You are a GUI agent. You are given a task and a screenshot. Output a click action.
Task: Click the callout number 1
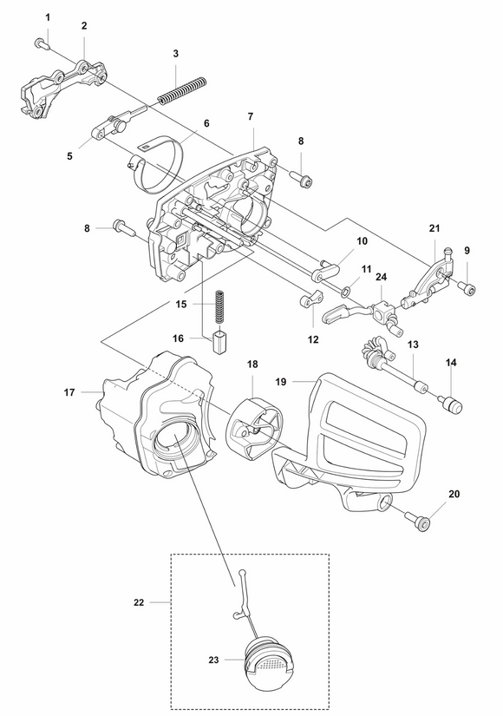(x=48, y=18)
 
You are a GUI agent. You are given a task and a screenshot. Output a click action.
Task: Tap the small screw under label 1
(x=42, y=43)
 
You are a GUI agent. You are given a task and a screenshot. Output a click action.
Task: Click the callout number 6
(x=206, y=123)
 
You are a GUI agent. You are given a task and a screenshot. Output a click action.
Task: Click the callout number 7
(x=250, y=116)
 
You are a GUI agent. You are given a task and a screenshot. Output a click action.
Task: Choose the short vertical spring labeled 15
(x=220, y=305)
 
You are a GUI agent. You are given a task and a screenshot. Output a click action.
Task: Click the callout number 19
(x=280, y=380)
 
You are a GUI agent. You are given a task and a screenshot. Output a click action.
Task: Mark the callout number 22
(x=141, y=600)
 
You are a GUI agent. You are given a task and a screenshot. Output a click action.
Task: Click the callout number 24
(x=381, y=278)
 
